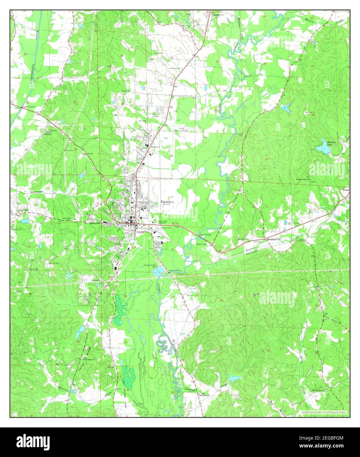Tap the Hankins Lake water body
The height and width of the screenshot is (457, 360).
click(x=323, y=146)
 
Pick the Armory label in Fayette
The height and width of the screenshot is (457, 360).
click(x=145, y=218)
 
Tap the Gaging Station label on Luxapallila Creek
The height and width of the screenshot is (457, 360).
click(x=28, y=107)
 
